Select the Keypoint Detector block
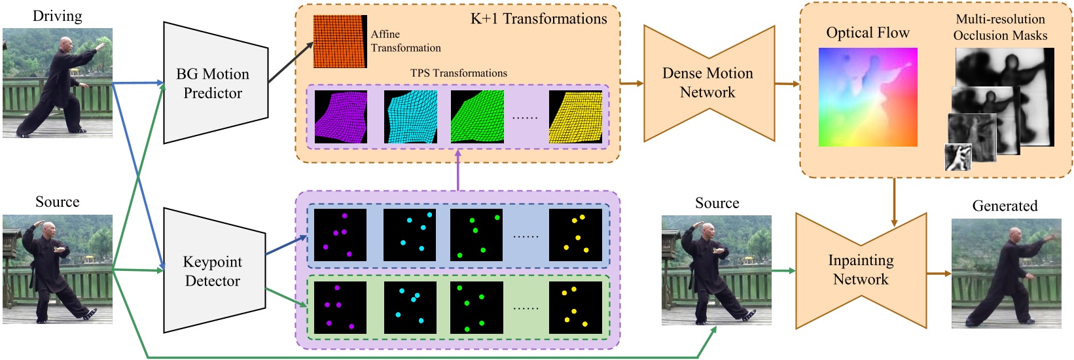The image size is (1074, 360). click(213, 271)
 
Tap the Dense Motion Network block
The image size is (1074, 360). click(708, 83)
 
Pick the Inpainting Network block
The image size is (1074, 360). click(861, 270)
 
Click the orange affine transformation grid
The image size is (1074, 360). click(339, 42)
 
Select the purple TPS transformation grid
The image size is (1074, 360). click(340, 117)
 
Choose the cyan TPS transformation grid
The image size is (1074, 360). click(410, 117)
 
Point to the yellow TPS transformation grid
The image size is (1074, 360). click(575, 117)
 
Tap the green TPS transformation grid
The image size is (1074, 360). click(477, 117)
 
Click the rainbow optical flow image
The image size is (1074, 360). click(868, 97)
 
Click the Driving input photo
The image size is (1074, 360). click(58, 82)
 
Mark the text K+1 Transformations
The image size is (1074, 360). click(539, 19)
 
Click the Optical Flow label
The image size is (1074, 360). click(868, 33)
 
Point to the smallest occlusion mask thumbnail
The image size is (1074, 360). click(958, 158)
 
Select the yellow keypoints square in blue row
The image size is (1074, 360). click(575, 235)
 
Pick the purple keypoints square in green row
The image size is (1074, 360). click(340, 308)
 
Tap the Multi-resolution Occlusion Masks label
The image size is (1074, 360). click(1000, 27)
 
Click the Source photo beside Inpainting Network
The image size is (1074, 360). click(716, 270)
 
